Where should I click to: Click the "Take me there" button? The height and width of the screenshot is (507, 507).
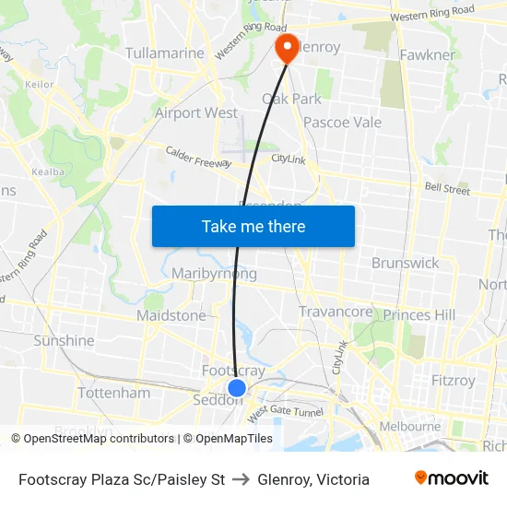[253, 226]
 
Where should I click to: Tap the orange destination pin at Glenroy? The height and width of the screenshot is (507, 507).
[287, 47]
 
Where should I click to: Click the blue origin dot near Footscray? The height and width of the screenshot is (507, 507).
[237, 388]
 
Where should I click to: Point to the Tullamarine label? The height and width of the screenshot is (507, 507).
[164, 53]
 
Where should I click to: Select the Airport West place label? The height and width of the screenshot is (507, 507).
[195, 112]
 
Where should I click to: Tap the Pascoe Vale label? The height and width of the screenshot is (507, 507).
[342, 122]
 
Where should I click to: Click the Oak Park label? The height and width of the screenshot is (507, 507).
[292, 99]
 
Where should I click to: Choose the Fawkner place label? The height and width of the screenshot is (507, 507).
[427, 54]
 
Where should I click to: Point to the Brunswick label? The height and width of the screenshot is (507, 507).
[405, 263]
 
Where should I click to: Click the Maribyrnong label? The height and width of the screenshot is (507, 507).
[214, 274]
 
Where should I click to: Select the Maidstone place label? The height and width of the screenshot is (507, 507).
[171, 315]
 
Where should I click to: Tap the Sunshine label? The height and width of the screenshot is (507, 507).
[64, 340]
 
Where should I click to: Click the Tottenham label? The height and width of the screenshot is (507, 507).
[114, 393]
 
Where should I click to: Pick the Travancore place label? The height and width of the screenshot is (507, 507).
[336, 312]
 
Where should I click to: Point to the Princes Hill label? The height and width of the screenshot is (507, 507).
[419, 315]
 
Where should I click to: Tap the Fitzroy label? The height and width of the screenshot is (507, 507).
[454, 380]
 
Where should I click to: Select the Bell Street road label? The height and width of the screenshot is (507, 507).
[447, 188]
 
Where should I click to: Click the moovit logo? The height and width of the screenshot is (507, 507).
[452, 478]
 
